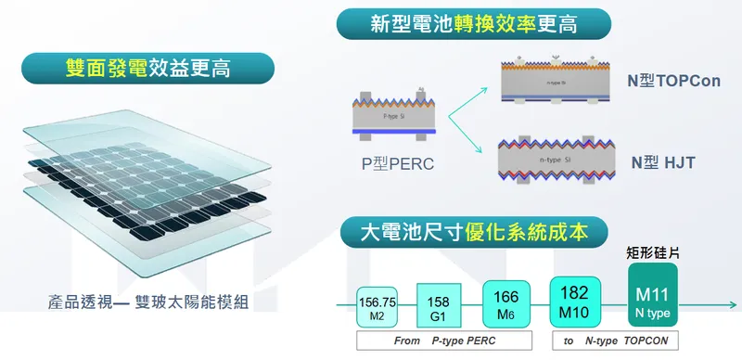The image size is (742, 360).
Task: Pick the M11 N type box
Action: pyautogui.click(x=652, y=294)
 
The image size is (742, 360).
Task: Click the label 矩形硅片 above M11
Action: pyautogui.click(x=652, y=251)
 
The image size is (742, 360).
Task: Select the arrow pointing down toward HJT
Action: pyautogui.click(x=469, y=137)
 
